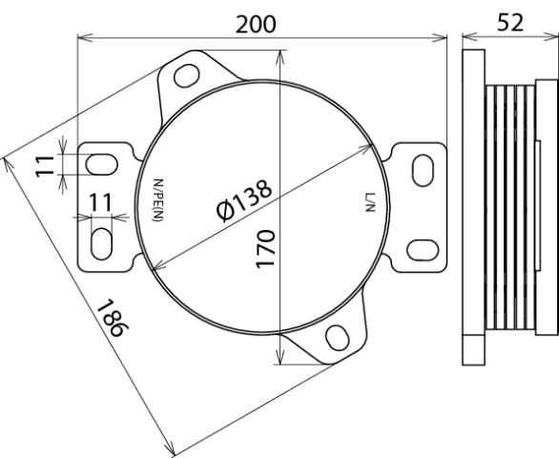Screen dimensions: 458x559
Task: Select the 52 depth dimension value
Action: [509, 23]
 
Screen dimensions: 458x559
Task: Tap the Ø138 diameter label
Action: [243, 201]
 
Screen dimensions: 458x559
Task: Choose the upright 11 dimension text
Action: [101, 202]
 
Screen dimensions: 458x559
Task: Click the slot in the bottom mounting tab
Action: [336, 338]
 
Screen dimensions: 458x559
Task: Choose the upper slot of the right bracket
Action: [421, 168]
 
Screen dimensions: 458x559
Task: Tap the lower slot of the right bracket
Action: [420, 250]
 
